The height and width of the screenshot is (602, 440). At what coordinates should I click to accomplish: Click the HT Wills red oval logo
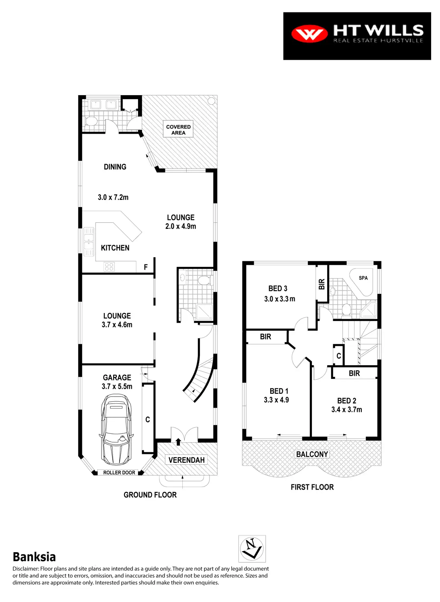(x=309, y=34)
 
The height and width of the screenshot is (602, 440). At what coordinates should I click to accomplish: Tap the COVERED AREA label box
(x=178, y=129)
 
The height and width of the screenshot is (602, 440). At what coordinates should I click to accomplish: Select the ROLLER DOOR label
(x=119, y=472)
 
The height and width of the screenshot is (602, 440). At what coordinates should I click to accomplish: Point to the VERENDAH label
(x=186, y=460)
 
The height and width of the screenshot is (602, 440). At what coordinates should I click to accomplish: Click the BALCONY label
(x=312, y=454)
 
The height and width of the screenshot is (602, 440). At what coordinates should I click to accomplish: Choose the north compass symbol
(x=252, y=549)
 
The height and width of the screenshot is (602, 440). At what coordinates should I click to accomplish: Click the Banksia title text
(x=34, y=557)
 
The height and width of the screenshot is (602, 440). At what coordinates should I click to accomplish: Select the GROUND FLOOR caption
(x=150, y=495)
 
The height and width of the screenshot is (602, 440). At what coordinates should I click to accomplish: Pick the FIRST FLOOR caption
(x=312, y=487)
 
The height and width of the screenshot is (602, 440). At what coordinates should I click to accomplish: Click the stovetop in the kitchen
(x=109, y=266)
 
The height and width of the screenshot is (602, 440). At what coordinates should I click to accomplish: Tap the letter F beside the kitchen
(x=146, y=267)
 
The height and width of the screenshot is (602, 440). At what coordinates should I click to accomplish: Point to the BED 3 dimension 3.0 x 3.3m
(x=279, y=299)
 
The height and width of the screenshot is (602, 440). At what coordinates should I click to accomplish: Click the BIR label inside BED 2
(x=354, y=373)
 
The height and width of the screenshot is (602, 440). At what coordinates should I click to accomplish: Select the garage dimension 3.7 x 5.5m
(x=117, y=386)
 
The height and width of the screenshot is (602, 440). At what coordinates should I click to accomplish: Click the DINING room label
(x=115, y=167)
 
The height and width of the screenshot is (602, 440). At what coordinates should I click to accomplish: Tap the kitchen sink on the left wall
(x=88, y=242)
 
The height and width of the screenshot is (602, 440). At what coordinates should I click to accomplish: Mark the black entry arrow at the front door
(x=178, y=442)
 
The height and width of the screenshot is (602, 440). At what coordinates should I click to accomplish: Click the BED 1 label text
(x=279, y=391)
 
